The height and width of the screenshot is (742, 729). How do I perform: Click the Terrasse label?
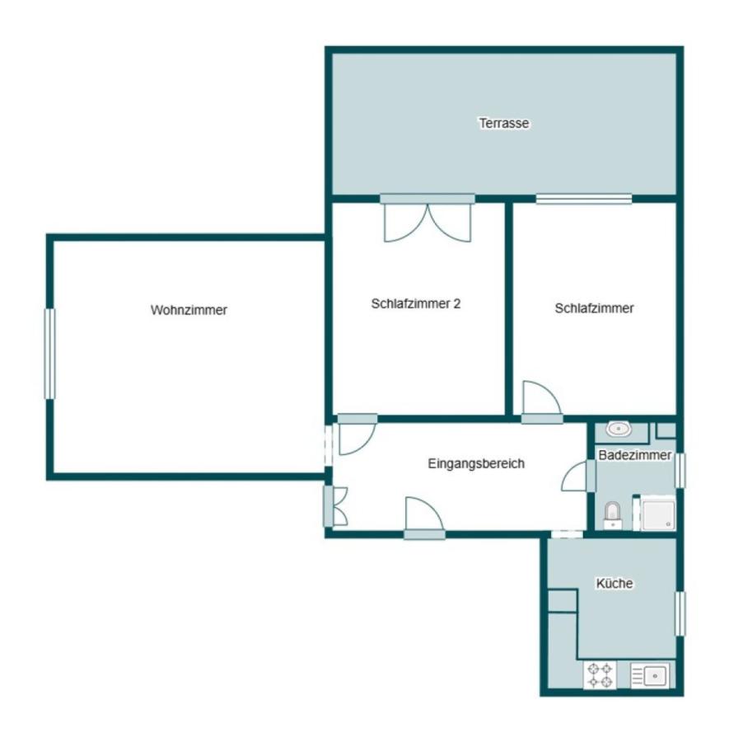(504, 123)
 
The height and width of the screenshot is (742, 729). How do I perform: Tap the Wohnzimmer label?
(189, 310)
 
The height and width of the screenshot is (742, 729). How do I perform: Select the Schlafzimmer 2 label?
(415, 303)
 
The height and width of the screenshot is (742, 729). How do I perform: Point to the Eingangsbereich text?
(476, 463)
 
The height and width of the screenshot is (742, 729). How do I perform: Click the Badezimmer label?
(635, 455)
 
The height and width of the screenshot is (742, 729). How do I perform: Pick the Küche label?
(615, 583)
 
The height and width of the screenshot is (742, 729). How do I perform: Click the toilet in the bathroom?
(613, 514)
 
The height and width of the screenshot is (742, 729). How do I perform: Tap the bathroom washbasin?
(619, 429)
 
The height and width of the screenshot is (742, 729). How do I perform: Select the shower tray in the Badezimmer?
(657, 513)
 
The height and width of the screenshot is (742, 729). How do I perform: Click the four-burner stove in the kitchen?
(600, 675)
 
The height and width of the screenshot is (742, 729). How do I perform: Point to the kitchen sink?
(650, 675)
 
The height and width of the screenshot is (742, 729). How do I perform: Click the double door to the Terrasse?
(428, 218)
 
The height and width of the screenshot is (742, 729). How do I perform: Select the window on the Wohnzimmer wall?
(49, 354)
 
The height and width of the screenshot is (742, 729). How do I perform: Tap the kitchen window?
(680, 613)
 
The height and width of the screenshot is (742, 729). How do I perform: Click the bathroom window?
(680, 471)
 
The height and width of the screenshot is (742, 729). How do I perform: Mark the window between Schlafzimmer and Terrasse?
(584, 199)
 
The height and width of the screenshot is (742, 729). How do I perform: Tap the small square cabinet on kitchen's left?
(562, 601)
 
